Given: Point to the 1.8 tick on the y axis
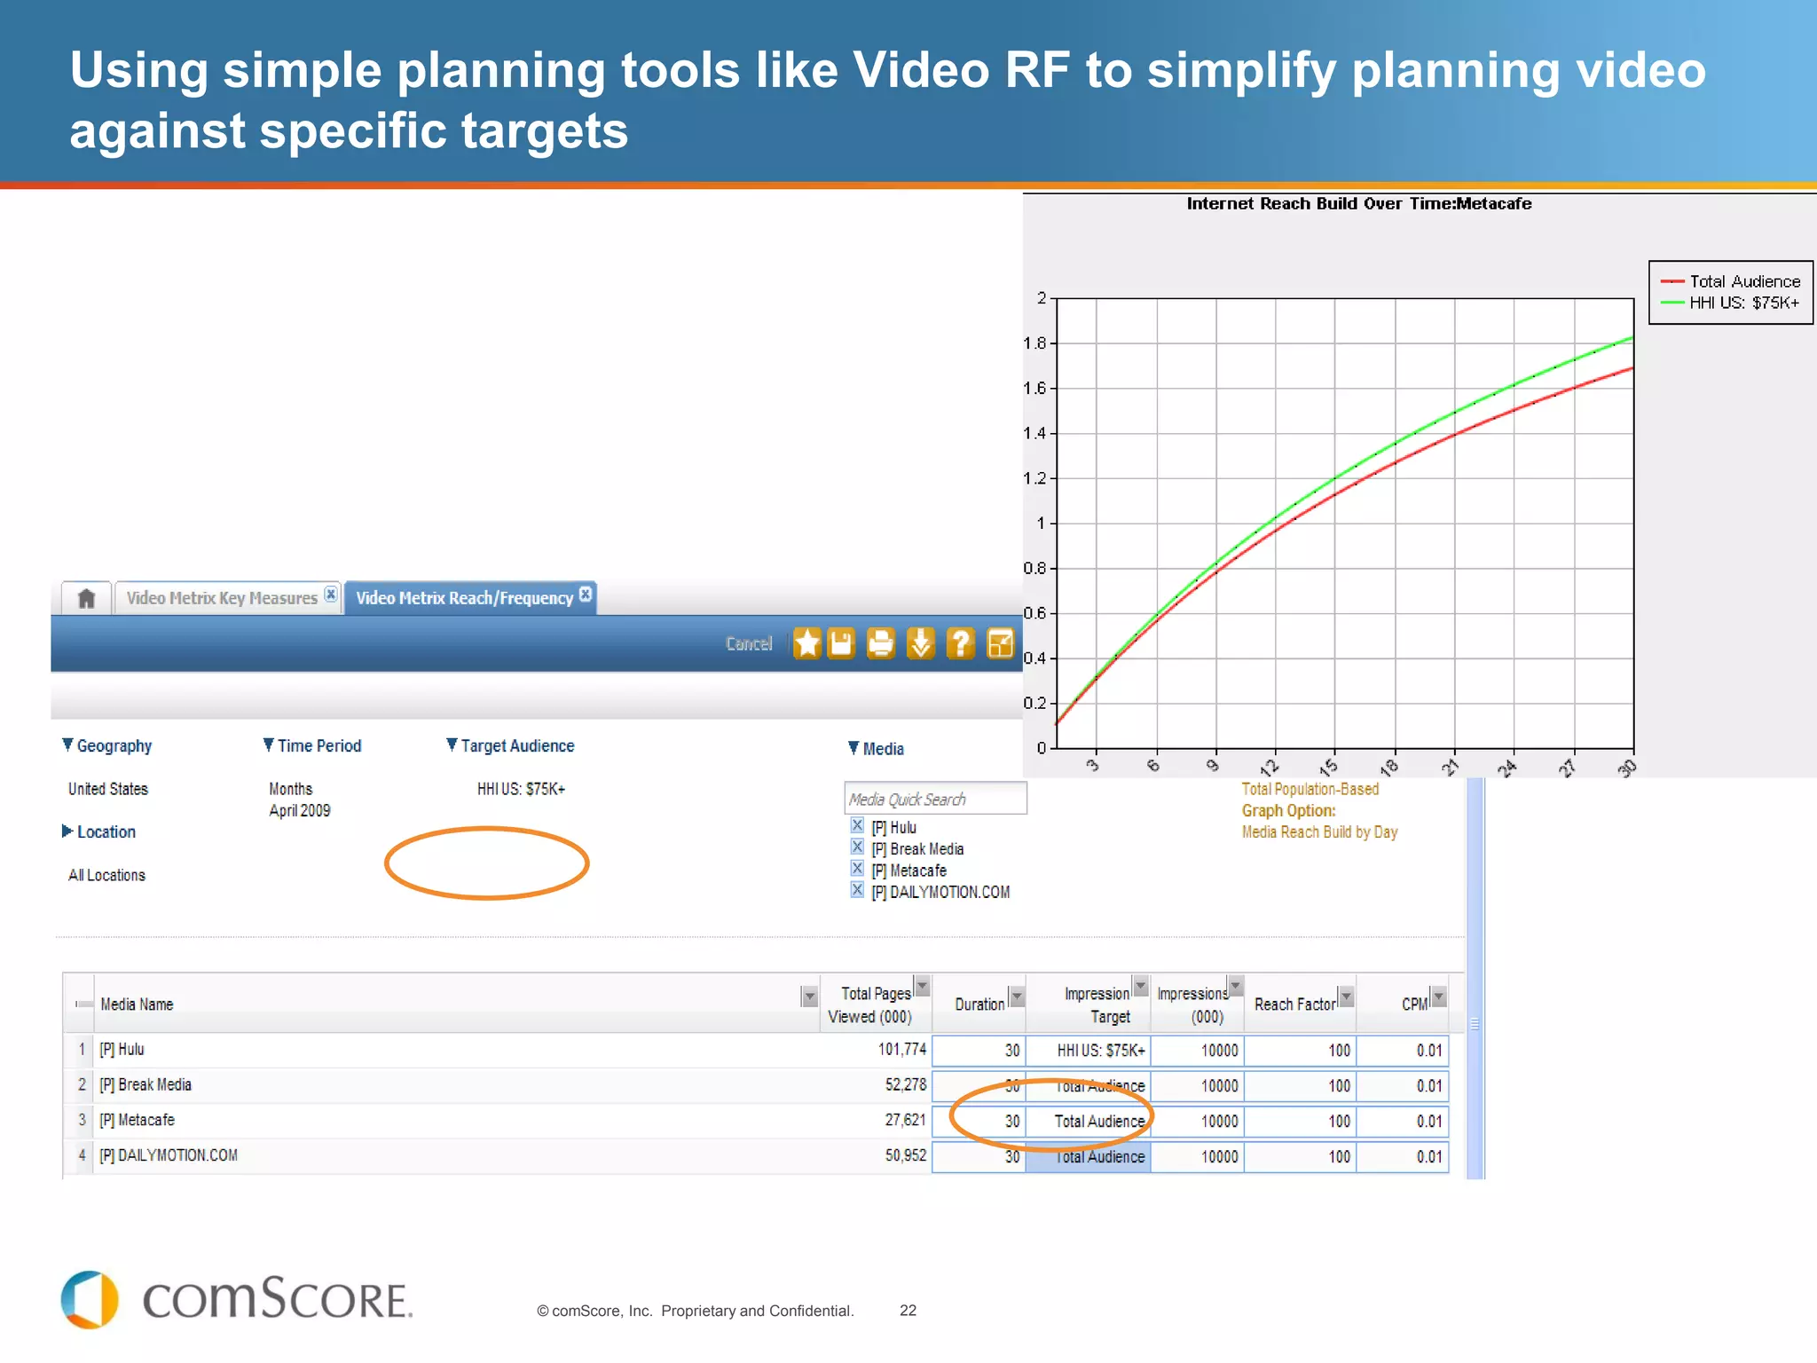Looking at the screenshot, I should tap(1034, 343).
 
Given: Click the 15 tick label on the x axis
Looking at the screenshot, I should tap(1328, 767).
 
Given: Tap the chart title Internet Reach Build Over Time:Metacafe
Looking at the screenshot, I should tap(1358, 203).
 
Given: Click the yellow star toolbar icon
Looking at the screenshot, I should tap(807, 643).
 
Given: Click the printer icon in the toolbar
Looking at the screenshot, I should tap(880, 643).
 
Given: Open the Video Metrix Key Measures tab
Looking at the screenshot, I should tap(222, 598).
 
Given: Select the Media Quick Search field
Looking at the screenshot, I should tap(935, 799).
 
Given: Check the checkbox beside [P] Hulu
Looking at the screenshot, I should tap(857, 826).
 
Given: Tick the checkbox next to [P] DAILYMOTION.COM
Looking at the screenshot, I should tap(857, 891).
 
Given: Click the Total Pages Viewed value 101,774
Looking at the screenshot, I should tap(901, 1050).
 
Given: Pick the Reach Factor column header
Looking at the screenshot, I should tap(1294, 1005).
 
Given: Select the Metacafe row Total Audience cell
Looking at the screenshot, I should tap(1098, 1122).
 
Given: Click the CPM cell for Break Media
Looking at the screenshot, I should tap(1428, 1086).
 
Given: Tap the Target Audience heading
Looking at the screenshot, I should tap(516, 746).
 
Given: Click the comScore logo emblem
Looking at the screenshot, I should tap(90, 1300).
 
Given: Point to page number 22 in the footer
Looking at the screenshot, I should tap(908, 1311).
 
